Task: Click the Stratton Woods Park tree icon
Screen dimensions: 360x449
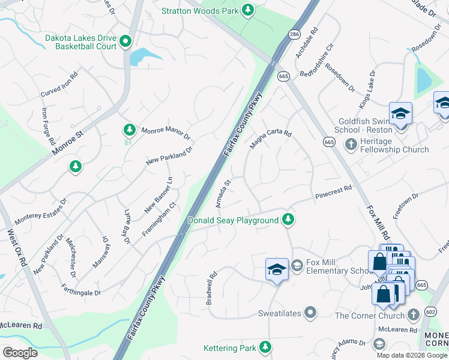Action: [247, 10]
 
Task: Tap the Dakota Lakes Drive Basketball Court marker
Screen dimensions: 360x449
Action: [125, 41]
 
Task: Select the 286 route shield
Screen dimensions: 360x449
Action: [294, 35]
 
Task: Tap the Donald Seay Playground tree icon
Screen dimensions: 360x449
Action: [289, 220]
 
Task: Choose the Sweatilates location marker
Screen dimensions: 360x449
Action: [310, 313]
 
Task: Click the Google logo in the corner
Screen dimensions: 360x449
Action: [20, 352]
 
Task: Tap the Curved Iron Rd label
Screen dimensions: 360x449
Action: [59, 86]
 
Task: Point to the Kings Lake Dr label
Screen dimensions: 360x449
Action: [367, 89]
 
